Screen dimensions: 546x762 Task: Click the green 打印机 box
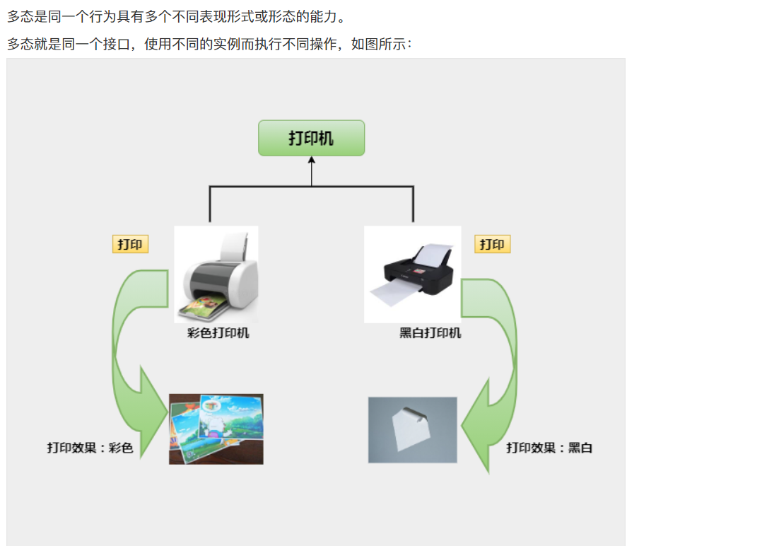(x=311, y=138)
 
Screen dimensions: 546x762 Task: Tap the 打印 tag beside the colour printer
(x=130, y=245)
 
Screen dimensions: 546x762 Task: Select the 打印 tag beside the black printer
(x=492, y=245)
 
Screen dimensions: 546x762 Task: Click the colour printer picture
(x=216, y=274)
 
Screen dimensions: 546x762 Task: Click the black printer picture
(x=412, y=274)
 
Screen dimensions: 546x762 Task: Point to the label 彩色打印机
(x=218, y=333)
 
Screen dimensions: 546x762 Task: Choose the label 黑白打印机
(x=430, y=333)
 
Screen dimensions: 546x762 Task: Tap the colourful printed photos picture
(x=216, y=429)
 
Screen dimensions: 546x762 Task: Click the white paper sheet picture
(x=412, y=430)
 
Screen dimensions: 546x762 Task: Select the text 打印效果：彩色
(x=90, y=448)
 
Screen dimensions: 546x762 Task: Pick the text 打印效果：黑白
(x=549, y=448)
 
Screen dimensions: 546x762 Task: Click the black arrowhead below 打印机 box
(x=311, y=161)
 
